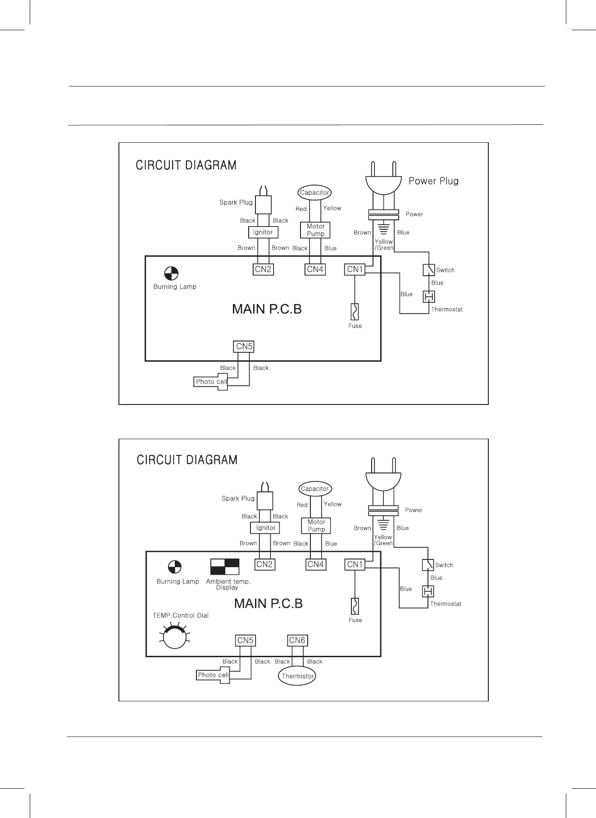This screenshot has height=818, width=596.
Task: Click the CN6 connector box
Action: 297,640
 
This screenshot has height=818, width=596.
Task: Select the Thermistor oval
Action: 297,676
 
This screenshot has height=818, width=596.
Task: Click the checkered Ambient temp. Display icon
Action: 225,567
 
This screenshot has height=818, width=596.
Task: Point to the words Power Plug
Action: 433,181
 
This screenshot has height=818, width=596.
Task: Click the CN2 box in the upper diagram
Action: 263,269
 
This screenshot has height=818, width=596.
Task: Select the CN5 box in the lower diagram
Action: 246,640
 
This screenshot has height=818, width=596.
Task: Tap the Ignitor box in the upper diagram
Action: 263,232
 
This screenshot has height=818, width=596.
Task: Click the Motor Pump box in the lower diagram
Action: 316,526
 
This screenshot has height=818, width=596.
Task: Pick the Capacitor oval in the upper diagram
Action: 314,193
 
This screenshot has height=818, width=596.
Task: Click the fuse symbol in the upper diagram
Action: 355,312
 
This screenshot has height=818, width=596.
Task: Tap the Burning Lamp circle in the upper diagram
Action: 171,273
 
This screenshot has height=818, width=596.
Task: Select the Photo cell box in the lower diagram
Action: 213,675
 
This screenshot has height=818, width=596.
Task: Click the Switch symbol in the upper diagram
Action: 429,270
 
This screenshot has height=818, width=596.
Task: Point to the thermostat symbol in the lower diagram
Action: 428,591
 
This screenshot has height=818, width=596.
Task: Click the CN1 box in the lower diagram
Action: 355,564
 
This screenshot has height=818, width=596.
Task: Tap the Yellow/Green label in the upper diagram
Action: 384,245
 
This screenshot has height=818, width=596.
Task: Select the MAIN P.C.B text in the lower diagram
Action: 268,604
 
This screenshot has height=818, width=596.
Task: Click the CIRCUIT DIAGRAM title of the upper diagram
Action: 186,165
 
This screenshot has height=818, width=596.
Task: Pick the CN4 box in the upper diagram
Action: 315,269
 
